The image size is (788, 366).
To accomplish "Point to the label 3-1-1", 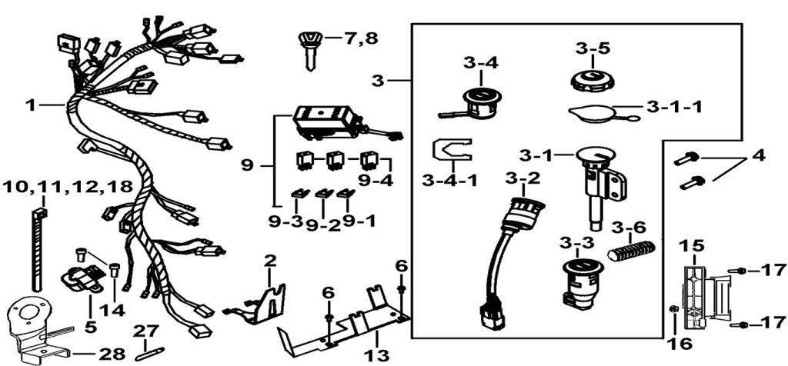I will [674, 107].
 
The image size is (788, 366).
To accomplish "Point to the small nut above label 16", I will [674, 310].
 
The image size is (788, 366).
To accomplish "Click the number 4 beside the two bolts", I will [759, 155].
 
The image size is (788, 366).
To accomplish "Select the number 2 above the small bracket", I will [269, 261].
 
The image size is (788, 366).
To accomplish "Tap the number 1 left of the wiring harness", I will [31, 105].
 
